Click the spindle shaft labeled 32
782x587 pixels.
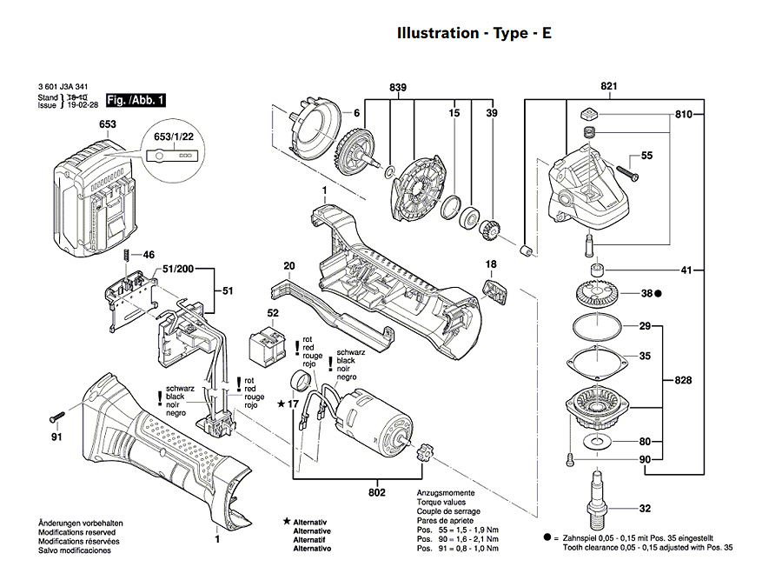(597, 495)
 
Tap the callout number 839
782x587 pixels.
(399, 87)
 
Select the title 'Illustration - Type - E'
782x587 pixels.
(474, 34)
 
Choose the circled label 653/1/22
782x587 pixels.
(174, 137)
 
